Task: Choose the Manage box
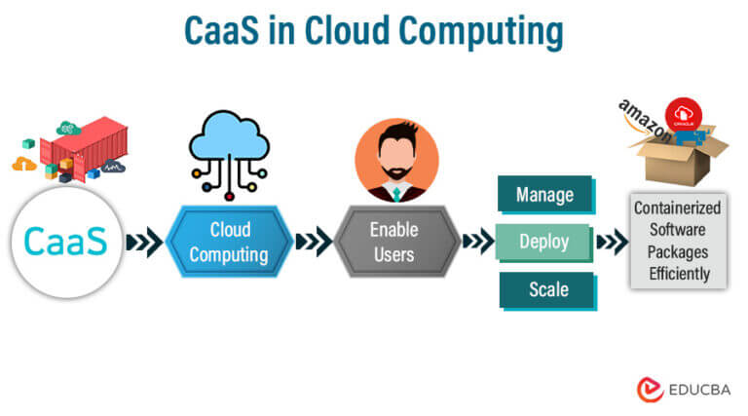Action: [544, 194]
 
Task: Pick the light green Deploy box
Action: [544, 242]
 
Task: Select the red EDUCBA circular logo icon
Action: [651, 390]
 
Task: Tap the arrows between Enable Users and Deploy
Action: [478, 243]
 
